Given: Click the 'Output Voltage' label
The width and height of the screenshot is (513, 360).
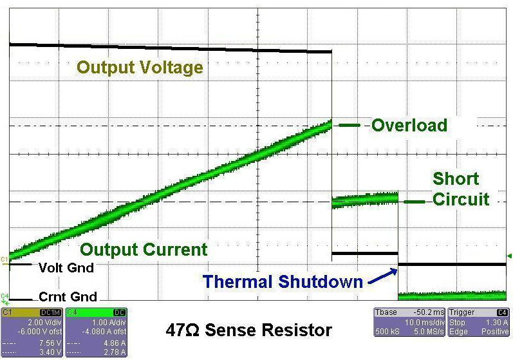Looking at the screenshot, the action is point(140,68).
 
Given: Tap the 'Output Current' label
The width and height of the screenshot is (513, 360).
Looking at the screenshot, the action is point(144,250).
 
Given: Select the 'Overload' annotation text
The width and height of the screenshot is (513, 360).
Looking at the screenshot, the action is point(409,126).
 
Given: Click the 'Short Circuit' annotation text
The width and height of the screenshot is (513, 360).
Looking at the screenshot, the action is point(461,189).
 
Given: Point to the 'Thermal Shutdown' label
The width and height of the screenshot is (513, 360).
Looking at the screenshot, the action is point(283,282).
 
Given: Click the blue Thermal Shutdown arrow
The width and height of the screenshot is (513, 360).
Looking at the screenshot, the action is point(382,276).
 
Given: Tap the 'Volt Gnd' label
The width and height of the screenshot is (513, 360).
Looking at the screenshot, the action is point(66,268).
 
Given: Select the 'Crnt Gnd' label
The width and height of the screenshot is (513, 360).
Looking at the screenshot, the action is point(68,297).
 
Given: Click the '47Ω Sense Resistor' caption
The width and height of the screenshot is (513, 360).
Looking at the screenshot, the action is point(248,330).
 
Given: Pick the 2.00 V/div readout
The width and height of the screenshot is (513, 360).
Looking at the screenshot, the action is point(44,323).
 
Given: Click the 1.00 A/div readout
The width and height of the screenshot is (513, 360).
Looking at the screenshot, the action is point(109,323).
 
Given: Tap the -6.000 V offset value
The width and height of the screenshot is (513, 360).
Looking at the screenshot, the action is point(40,332).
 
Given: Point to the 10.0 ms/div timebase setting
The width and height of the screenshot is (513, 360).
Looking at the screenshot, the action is point(424,323).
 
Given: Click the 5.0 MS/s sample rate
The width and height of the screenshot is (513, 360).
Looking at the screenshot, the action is point(429,332).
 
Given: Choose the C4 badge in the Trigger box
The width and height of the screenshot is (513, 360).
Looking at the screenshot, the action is point(502,312).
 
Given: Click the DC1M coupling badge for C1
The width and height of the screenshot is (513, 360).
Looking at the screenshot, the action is point(51,312).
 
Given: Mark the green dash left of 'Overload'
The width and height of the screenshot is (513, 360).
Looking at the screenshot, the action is point(350,125).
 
